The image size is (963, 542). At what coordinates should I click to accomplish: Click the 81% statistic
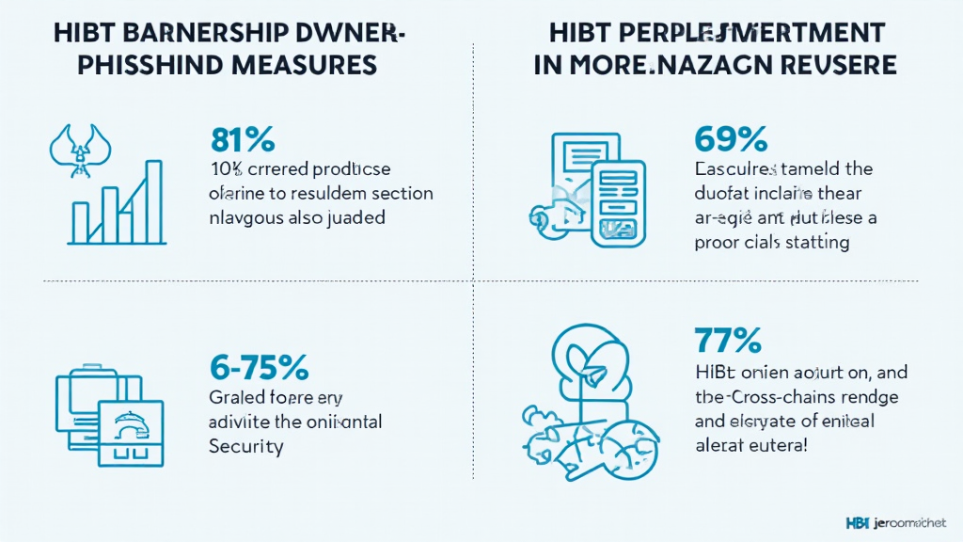click(243, 140)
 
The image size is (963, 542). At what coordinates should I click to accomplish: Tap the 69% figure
click(731, 140)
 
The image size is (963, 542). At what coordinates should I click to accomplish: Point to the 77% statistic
click(727, 340)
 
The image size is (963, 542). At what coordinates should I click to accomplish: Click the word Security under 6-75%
click(245, 446)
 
